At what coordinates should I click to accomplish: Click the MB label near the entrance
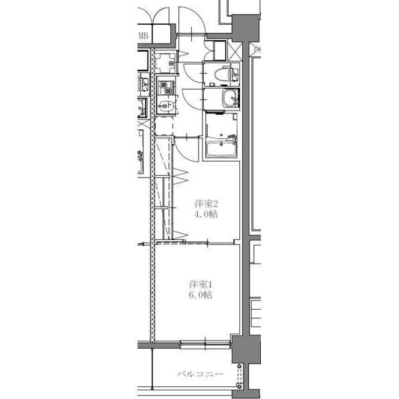pyautogui.click(x=143, y=36)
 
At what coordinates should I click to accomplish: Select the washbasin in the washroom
pyautogui.click(x=231, y=99)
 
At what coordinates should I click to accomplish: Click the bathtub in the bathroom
pyautogui.click(x=221, y=149)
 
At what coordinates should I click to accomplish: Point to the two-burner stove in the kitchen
pyautogui.click(x=166, y=88)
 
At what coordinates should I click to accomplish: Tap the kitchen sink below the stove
pyautogui.click(x=166, y=105)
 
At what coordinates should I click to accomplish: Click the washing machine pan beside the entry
pyautogui.click(x=166, y=62)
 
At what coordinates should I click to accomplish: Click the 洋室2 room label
pyautogui.click(x=206, y=204)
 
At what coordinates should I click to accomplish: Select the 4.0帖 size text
pyautogui.click(x=206, y=215)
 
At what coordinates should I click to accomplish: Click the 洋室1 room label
pyautogui.click(x=201, y=284)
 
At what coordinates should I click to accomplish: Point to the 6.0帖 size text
pyautogui.click(x=201, y=295)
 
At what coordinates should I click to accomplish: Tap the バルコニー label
pyautogui.click(x=200, y=374)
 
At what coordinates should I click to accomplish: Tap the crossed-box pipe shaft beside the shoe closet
pyautogui.click(x=235, y=52)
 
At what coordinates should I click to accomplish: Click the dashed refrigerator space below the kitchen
pyautogui.click(x=164, y=126)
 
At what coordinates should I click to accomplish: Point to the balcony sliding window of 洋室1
pyautogui.click(x=205, y=343)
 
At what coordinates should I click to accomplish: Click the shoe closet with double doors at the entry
pyautogui.click(x=215, y=50)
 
